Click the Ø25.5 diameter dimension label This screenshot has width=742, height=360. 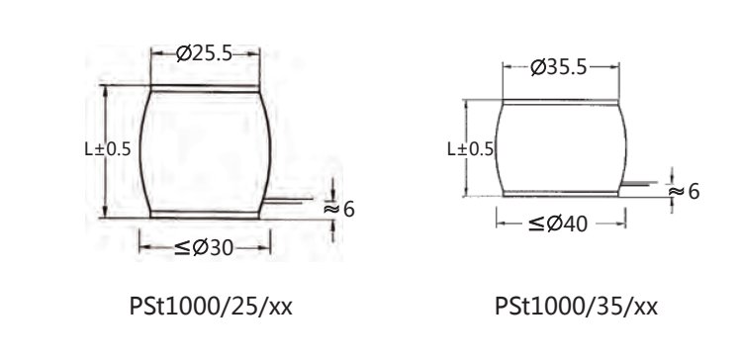(204, 54)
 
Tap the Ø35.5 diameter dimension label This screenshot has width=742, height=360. (559, 67)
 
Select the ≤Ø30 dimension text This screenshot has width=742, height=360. (204, 247)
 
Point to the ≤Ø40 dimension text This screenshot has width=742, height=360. (557, 224)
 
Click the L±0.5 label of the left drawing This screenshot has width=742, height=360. (108, 149)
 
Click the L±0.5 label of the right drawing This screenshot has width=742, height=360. (470, 149)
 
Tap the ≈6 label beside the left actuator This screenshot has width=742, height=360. (338, 209)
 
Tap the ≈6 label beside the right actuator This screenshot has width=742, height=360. (684, 192)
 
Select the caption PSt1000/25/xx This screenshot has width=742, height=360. (211, 307)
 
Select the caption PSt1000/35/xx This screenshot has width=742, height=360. (576, 307)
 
